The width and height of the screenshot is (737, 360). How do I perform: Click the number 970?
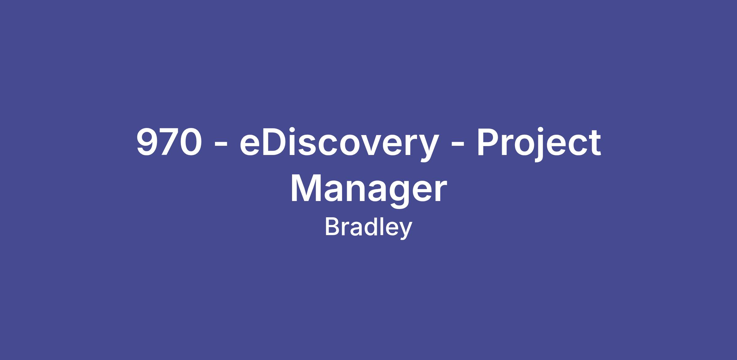coord(169,142)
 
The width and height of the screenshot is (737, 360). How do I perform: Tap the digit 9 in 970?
coord(147,142)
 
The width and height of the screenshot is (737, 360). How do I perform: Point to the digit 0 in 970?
coord(191,142)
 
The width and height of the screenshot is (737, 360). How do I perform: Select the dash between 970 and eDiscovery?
coord(221,144)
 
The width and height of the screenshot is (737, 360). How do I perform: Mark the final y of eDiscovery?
coord(428,149)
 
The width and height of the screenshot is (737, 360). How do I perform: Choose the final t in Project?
coord(594,144)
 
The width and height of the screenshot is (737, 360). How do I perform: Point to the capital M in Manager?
coord(306,188)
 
